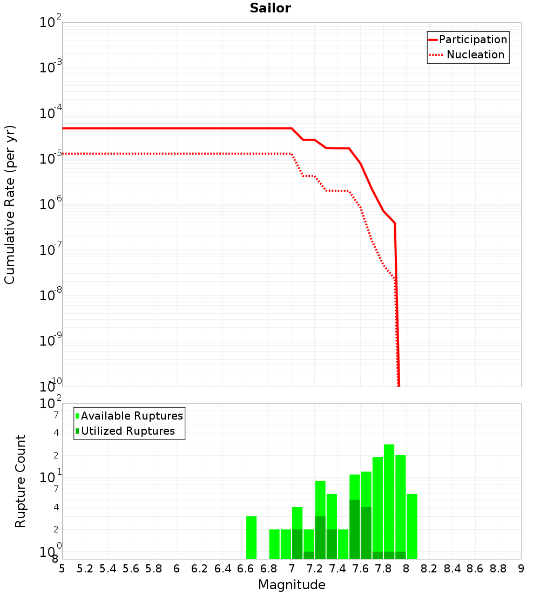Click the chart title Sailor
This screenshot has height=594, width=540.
270,8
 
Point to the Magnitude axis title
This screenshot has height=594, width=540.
292,585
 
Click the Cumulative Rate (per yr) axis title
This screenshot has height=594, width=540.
10,204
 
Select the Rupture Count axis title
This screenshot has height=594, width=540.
21,481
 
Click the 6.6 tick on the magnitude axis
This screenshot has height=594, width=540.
246,569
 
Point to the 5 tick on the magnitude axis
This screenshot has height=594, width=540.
62,569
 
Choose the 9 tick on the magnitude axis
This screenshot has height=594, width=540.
521,569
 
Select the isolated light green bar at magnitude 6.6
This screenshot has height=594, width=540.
251,537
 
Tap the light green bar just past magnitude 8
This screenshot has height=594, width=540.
412,526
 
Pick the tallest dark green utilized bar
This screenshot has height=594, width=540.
354,529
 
